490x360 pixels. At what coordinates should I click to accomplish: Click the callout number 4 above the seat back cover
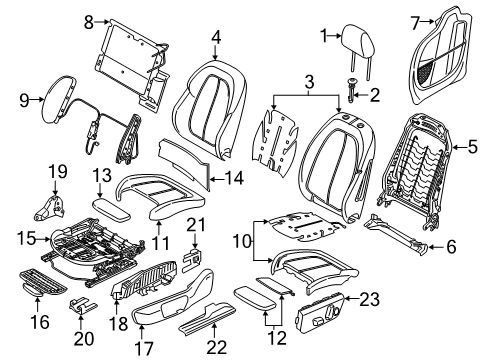point(215,39)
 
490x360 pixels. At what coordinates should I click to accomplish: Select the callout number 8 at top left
point(88,19)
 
